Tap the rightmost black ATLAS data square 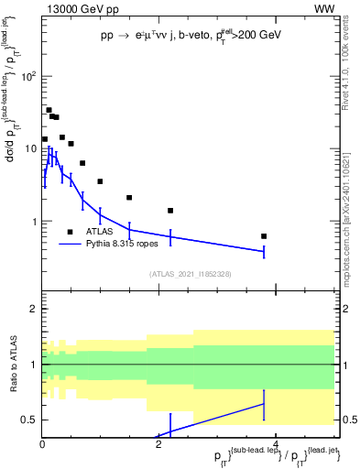[x=264, y=236]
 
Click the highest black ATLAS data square [x=49, y=110]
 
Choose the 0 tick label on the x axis [x=42, y=445]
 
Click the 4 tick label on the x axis [x=276, y=445]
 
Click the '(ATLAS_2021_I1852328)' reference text [x=190, y=274]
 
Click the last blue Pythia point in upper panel [x=264, y=251]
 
